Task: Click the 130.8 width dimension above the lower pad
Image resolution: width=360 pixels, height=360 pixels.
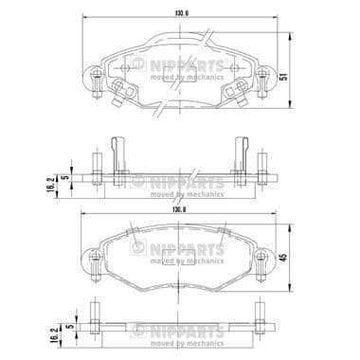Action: (x=178, y=210)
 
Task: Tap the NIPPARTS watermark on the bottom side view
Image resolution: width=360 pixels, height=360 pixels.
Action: (x=180, y=332)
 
